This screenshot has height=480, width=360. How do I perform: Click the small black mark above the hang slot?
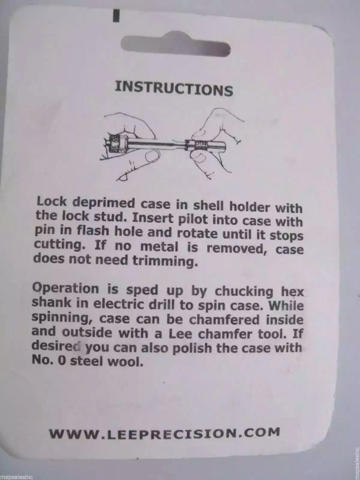(x=116, y=16)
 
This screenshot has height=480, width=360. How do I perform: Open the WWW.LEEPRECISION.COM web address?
(x=164, y=432)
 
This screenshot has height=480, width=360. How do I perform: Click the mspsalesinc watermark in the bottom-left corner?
(x=16, y=476)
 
